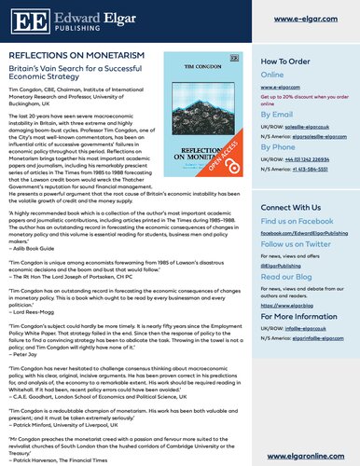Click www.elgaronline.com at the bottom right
311,456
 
